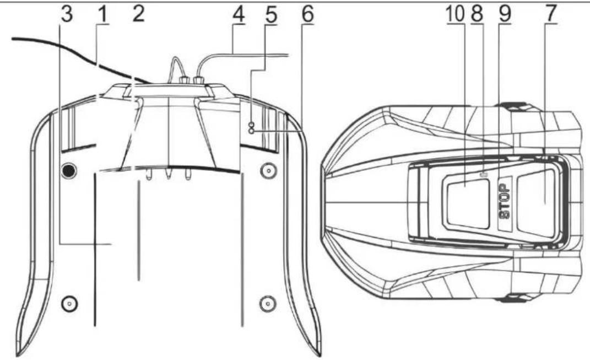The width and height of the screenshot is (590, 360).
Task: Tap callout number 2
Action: coord(138,14)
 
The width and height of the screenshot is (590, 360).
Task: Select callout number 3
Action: coord(66,14)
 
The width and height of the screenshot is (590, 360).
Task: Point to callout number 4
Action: coord(238,14)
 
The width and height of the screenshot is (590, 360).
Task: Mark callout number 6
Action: coord(307,14)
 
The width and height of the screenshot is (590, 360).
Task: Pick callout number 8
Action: coord(476,14)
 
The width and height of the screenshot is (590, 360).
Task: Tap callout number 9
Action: coord(505,14)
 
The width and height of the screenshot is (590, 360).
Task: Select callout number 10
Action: coord(455,14)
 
